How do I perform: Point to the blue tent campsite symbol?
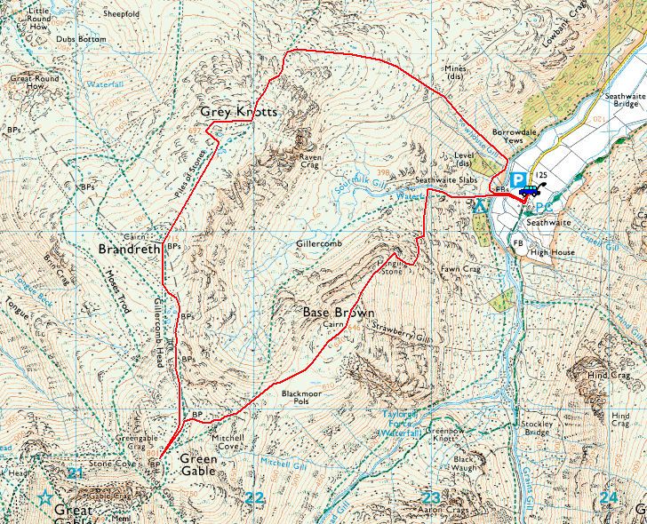click(x=480, y=206)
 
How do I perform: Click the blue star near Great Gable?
click(x=44, y=498)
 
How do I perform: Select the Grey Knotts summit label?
click(x=239, y=113)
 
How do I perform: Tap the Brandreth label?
click(x=130, y=250)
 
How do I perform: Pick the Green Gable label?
click(x=198, y=465)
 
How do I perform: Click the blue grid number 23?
click(x=431, y=497)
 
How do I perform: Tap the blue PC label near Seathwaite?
click(x=546, y=207)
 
